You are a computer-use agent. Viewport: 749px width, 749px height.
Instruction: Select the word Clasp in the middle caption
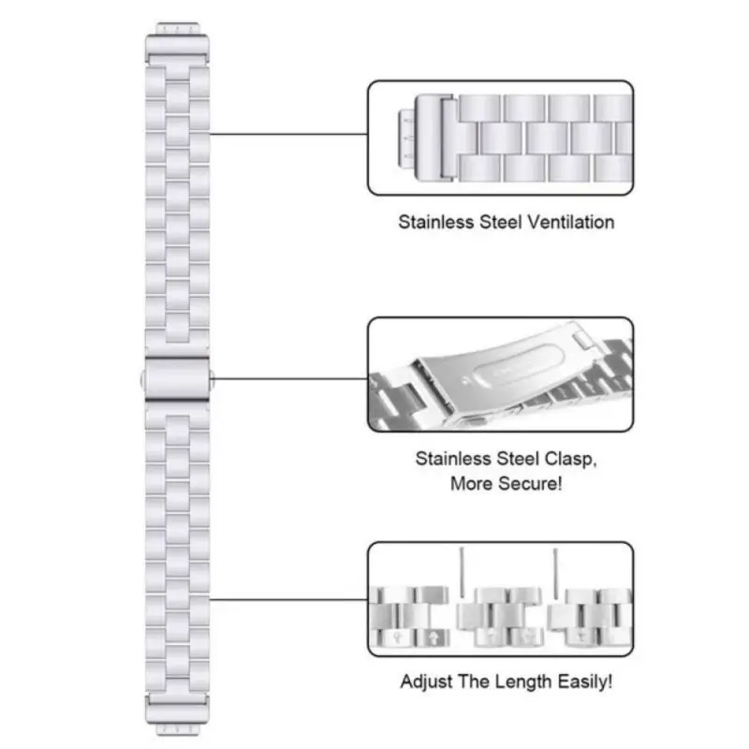pos(565,460)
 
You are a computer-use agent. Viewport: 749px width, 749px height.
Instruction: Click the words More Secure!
pos(506,484)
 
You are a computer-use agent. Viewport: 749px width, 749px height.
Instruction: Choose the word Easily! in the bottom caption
pos(588,682)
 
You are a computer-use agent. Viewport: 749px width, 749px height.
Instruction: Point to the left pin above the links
pos(461,573)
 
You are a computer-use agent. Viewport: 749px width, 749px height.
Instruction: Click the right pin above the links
pos(554,573)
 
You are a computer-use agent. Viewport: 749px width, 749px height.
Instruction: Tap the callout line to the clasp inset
pos(290,379)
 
